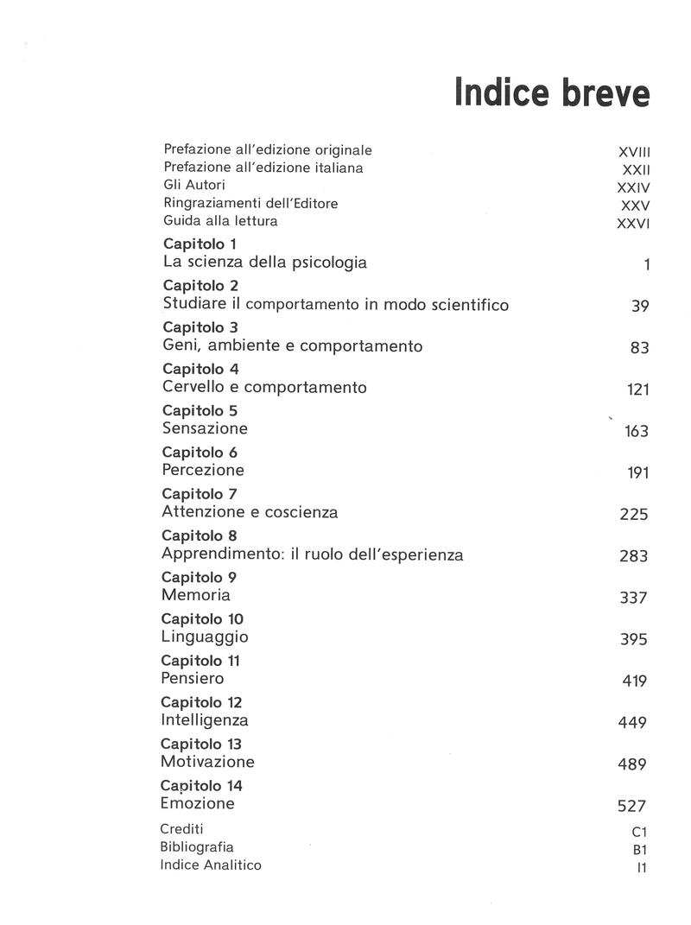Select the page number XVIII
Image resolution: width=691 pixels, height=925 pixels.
(629, 151)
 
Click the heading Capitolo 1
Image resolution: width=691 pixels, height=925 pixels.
(200, 244)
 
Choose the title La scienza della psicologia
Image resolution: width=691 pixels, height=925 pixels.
(264, 262)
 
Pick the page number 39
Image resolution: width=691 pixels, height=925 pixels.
(640, 307)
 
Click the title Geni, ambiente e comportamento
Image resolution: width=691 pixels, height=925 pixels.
(292, 345)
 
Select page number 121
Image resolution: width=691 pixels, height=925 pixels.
(637, 390)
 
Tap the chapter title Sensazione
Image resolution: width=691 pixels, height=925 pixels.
(205, 428)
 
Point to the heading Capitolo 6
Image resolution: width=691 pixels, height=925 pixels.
(200, 453)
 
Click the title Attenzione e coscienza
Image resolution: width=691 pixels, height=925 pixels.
(250, 512)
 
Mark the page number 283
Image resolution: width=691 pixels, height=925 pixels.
(634, 556)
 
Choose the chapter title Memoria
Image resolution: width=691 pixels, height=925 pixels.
(196, 595)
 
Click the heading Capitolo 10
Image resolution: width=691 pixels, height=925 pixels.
(202, 619)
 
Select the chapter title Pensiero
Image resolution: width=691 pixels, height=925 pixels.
(193, 679)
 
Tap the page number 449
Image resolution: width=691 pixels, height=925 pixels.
(633, 723)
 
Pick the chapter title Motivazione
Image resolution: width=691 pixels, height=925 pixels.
(207, 762)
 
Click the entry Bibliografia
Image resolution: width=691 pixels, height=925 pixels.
(197, 847)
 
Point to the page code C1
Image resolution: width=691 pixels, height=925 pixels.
(639, 833)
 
